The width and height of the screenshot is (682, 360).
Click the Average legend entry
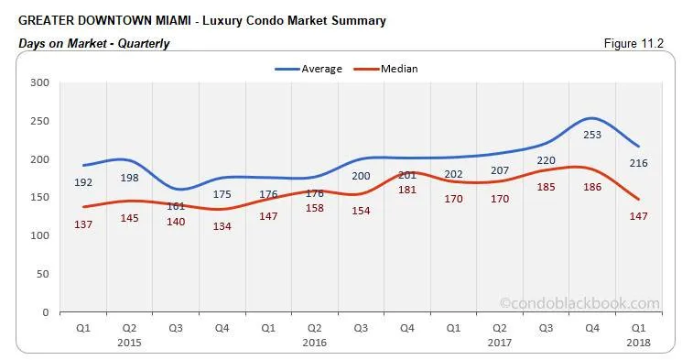click(315, 68)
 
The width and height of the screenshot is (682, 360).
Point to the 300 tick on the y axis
click(39, 82)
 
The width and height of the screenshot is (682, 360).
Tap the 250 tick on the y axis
click(39, 121)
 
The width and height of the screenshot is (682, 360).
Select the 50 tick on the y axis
click(42, 274)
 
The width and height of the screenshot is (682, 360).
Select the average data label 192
click(84, 182)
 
